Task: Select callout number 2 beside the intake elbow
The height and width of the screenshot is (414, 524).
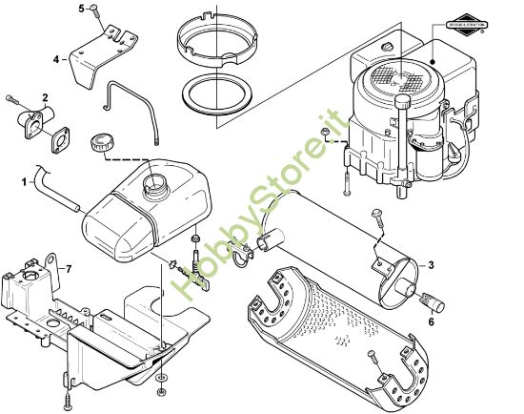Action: click(x=45, y=98)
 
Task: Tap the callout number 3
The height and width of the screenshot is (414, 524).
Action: click(x=432, y=264)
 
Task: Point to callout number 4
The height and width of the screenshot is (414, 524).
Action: click(x=57, y=59)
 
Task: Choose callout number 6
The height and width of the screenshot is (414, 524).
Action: click(x=433, y=321)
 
